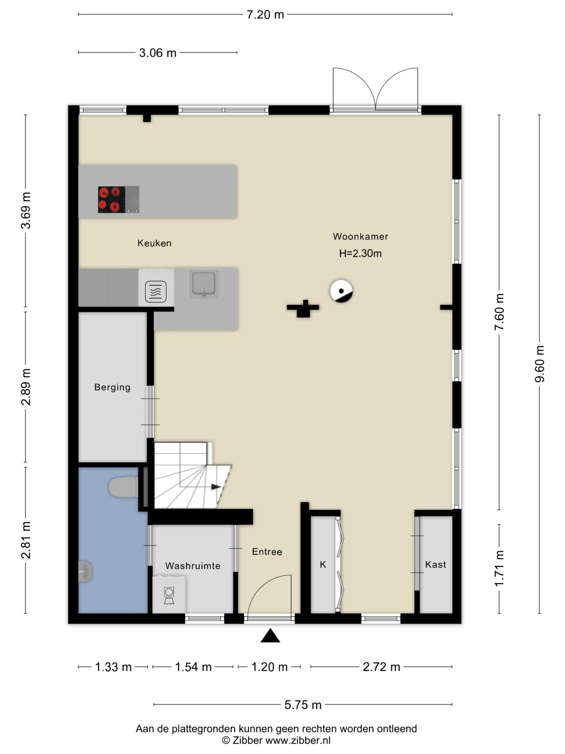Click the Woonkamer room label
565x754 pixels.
(x=360, y=237)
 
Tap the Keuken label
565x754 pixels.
(x=154, y=243)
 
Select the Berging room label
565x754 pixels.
(x=112, y=387)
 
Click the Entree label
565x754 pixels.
(x=267, y=552)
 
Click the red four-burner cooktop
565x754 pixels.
(x=112, y=199)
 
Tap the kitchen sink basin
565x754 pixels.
(x=204, y=283)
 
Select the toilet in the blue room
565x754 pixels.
(x=123, y=487)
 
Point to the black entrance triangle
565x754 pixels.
(x=270, y=635)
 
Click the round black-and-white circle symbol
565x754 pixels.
(x=341, y=291)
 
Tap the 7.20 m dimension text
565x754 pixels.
(x=265, y=15)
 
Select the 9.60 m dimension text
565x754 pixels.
(x=539, y=364)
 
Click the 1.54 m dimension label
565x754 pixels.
(x=193, y=667)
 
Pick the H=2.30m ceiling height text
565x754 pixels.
(x=360, y=253)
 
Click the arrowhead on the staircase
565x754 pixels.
(x=216, y=487)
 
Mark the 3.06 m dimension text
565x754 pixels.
(x=158, y=53)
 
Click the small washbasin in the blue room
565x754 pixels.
(x=85, y=572)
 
